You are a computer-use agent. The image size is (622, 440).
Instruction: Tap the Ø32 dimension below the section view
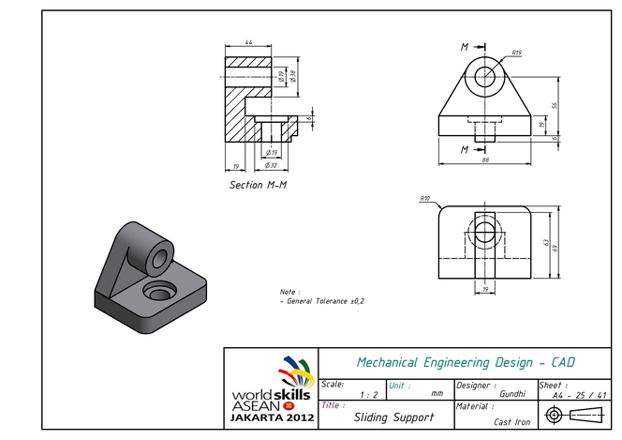coord(272,164)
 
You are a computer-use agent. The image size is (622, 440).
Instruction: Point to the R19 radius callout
coord(516,53)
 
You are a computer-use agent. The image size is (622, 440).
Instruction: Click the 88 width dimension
coord(485,160)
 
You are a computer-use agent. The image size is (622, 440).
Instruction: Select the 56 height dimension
coord(554,106)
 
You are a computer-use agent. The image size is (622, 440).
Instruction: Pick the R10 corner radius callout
coord(424,199)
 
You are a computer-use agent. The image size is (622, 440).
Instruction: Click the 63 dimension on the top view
coord(545,243)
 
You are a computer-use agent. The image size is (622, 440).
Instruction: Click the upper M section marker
coord(464,46)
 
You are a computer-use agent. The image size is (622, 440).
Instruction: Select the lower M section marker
coord(464,149)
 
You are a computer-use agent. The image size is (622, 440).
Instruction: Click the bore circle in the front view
coord(485,77)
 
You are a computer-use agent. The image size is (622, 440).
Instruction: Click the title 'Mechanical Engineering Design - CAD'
coord(466,362)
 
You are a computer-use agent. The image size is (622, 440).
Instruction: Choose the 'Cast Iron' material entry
coord(513,421)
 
